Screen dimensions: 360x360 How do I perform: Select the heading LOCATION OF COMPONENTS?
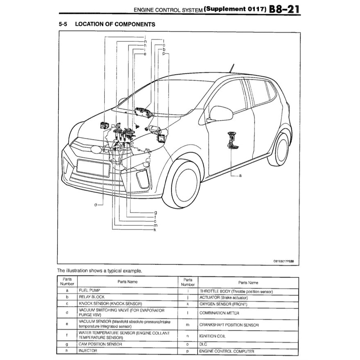click(x=115, y=24)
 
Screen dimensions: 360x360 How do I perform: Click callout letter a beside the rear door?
click(x=240, y=175)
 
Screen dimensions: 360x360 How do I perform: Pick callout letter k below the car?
click(x=155, y=230)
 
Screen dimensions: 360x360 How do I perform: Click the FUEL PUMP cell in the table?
click(x=89, y=290)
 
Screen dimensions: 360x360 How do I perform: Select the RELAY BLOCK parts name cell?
click(x=92, y=297)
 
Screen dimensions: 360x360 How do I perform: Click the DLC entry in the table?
click(x=203, y=344)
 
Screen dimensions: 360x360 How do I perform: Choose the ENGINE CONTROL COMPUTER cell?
click(x=227, y=351)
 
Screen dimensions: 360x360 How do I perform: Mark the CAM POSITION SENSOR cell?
click(x=100, y=344)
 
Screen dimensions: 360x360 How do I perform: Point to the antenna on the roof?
click(x=233, y=68)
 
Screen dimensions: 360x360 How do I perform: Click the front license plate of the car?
click(x=93, y=168)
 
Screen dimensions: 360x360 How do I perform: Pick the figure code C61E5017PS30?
click(x=286, y=261)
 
